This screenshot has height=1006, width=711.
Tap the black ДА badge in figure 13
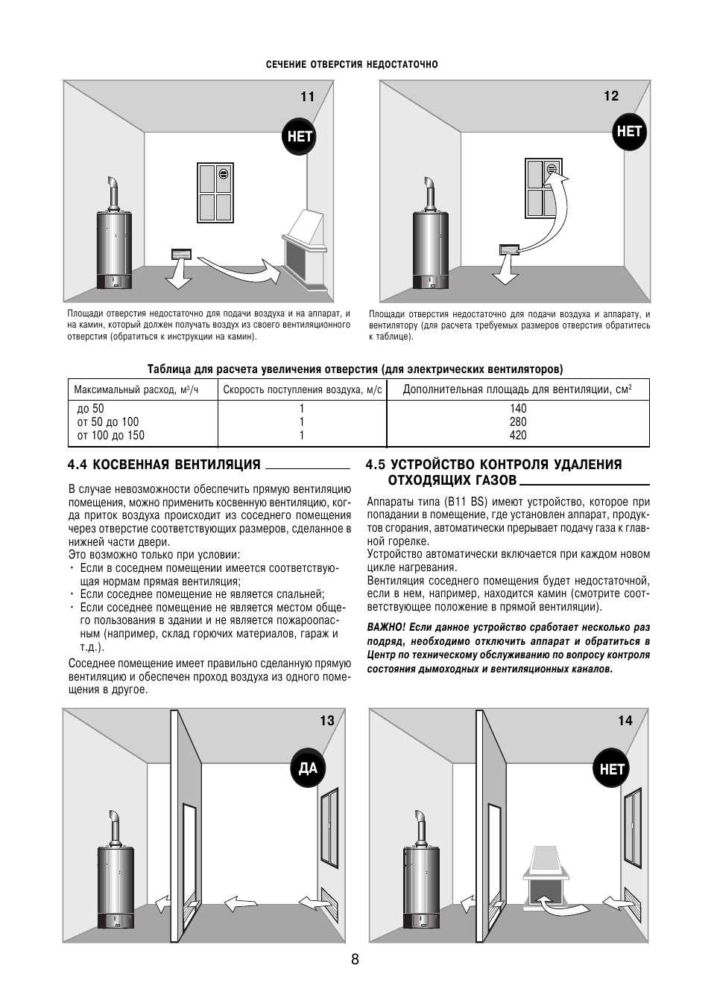tap(308, 766)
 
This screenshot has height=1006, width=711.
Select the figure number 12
tap(611, 96)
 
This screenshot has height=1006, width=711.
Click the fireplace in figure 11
tap(303, 249)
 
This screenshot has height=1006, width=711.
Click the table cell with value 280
tap(518, 422)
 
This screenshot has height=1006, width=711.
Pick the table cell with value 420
tap(518, 436)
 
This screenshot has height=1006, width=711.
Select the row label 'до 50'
tap(91, 409)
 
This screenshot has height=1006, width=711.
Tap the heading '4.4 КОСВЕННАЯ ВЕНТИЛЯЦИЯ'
tap(164, 465)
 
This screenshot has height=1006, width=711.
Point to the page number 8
tap(355, 960)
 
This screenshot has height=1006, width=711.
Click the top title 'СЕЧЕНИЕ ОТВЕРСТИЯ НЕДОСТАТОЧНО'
tap(353, 65)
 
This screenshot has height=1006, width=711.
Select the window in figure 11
tap(217, 193)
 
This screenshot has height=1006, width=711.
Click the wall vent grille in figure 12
tap(509, 249)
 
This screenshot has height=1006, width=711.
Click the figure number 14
tap(625, 720)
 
